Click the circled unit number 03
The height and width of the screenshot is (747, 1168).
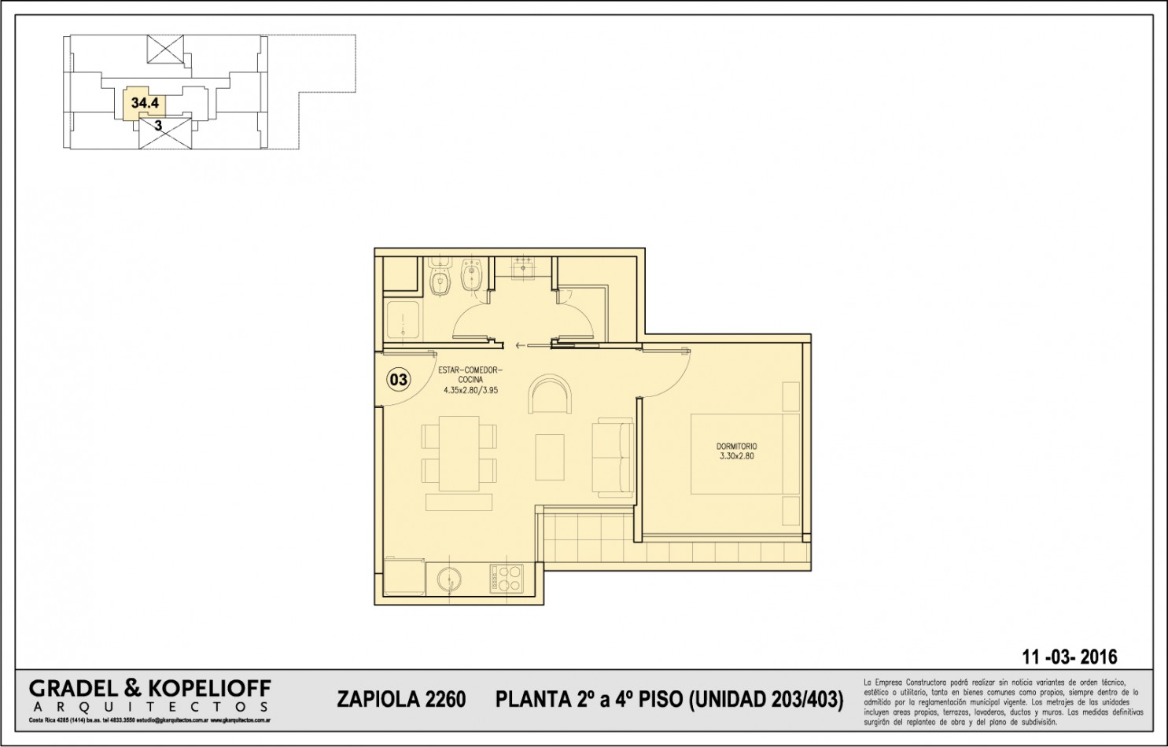[x=399, y=380]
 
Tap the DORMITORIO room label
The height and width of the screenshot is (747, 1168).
[x=736, y=451]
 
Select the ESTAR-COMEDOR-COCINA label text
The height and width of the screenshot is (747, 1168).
[x=470, y=379]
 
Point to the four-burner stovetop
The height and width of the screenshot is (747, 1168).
[x=506, y=579]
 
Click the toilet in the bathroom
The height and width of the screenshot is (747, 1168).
[x=439, y=279]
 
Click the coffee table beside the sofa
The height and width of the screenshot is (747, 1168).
[x=550, y=457]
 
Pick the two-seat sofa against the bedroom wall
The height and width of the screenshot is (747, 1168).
[x=613, y=458]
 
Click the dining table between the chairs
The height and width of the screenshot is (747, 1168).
[x=459, y=454]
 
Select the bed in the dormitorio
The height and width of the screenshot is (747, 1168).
[x=743, y=454]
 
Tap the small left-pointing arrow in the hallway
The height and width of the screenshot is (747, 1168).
[x=519, y=345]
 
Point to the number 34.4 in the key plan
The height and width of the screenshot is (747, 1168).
[x=145, y=103]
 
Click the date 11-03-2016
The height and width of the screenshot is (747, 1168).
[x=1069, y=657]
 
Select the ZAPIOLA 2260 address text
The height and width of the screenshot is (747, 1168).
[x=401, y=699]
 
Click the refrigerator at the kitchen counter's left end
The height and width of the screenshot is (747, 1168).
[x=404, y=578]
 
